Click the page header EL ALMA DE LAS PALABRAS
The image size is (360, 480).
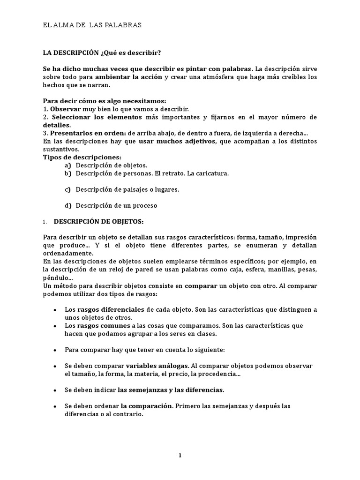click(92, 25)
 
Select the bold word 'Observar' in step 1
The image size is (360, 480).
click(65, 109)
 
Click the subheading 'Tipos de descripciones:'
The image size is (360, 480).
click(82, 157)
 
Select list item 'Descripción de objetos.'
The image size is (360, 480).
click(112, 165)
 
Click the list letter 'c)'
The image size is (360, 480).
click(67, 189)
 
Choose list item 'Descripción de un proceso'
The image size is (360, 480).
click(116, 205)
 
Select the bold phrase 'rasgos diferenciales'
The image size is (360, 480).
click(111, 310)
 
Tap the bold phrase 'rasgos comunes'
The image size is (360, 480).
click(103, 326)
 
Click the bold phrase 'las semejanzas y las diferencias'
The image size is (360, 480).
click(171, 390)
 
